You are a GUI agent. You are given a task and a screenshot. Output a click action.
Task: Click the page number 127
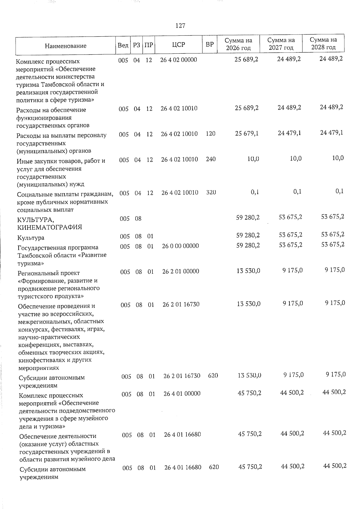click(x=180, y=25)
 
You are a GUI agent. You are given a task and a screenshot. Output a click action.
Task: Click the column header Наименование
click(x=66, y=46)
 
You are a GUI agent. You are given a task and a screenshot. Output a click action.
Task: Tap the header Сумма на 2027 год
click(x=281, y=44)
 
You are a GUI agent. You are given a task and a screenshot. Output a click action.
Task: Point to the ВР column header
click(x=210, y=44)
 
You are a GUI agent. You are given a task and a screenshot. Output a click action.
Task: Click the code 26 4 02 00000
click(x=179, y=60)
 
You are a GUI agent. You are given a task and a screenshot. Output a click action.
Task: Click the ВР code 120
click(x=211, y=134)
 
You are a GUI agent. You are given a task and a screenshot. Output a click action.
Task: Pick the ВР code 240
click(x=211, y=159)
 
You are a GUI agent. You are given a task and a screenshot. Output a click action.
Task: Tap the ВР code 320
click(x=211, y=192)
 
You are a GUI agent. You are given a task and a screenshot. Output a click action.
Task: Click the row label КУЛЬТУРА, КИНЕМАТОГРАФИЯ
click(x=49, y=223)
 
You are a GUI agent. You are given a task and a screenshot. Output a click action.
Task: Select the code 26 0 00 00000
click(x=180, y=246)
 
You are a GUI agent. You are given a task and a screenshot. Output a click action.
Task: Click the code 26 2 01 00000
click(x=181, y=271)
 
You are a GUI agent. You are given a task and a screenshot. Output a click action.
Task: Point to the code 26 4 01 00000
click(x=182, y=393)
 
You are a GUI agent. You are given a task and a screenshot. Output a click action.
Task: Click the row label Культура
click(x=31, y=238)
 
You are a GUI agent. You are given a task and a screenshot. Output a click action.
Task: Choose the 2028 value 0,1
click(x=340, y=191)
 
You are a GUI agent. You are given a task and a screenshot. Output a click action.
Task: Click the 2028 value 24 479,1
click(x=331, y=133)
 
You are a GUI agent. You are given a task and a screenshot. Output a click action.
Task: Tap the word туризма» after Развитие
click(x=31, y=263)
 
